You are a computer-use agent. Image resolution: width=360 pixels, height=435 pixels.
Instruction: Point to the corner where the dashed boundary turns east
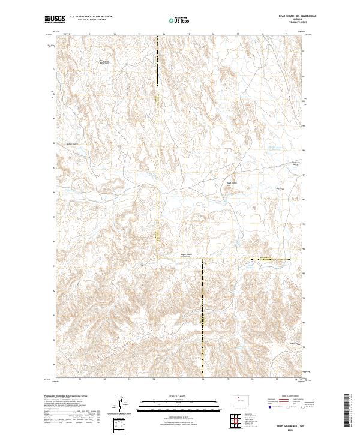click(x=158, y=259)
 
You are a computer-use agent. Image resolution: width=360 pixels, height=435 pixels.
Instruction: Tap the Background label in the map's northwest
click(x=104, y=61)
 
